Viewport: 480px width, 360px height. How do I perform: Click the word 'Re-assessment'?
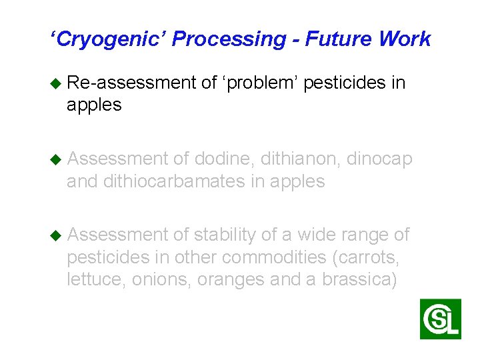131,83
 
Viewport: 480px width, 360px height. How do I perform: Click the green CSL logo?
440,319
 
